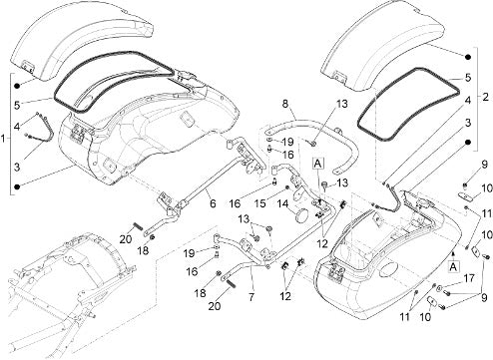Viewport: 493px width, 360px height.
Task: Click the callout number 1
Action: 3,138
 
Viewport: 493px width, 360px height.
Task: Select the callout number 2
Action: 485,97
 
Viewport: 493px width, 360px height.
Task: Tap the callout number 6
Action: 213,203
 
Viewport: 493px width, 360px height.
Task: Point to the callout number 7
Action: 251,297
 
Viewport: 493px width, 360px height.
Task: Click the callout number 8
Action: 285,104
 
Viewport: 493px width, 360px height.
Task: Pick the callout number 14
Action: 282,203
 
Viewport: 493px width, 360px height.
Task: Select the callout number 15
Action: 260,203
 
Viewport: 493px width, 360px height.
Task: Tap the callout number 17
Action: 469,278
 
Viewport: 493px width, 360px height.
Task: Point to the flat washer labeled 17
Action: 439,288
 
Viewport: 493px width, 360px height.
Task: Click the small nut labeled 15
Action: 286,188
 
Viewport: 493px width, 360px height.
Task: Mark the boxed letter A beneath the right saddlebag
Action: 453,266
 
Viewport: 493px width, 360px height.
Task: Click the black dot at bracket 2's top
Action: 468,57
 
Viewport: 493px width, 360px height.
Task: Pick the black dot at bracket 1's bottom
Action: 17,186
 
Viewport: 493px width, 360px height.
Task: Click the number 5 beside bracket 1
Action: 17,106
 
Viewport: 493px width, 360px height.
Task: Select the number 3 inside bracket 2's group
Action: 468,123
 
